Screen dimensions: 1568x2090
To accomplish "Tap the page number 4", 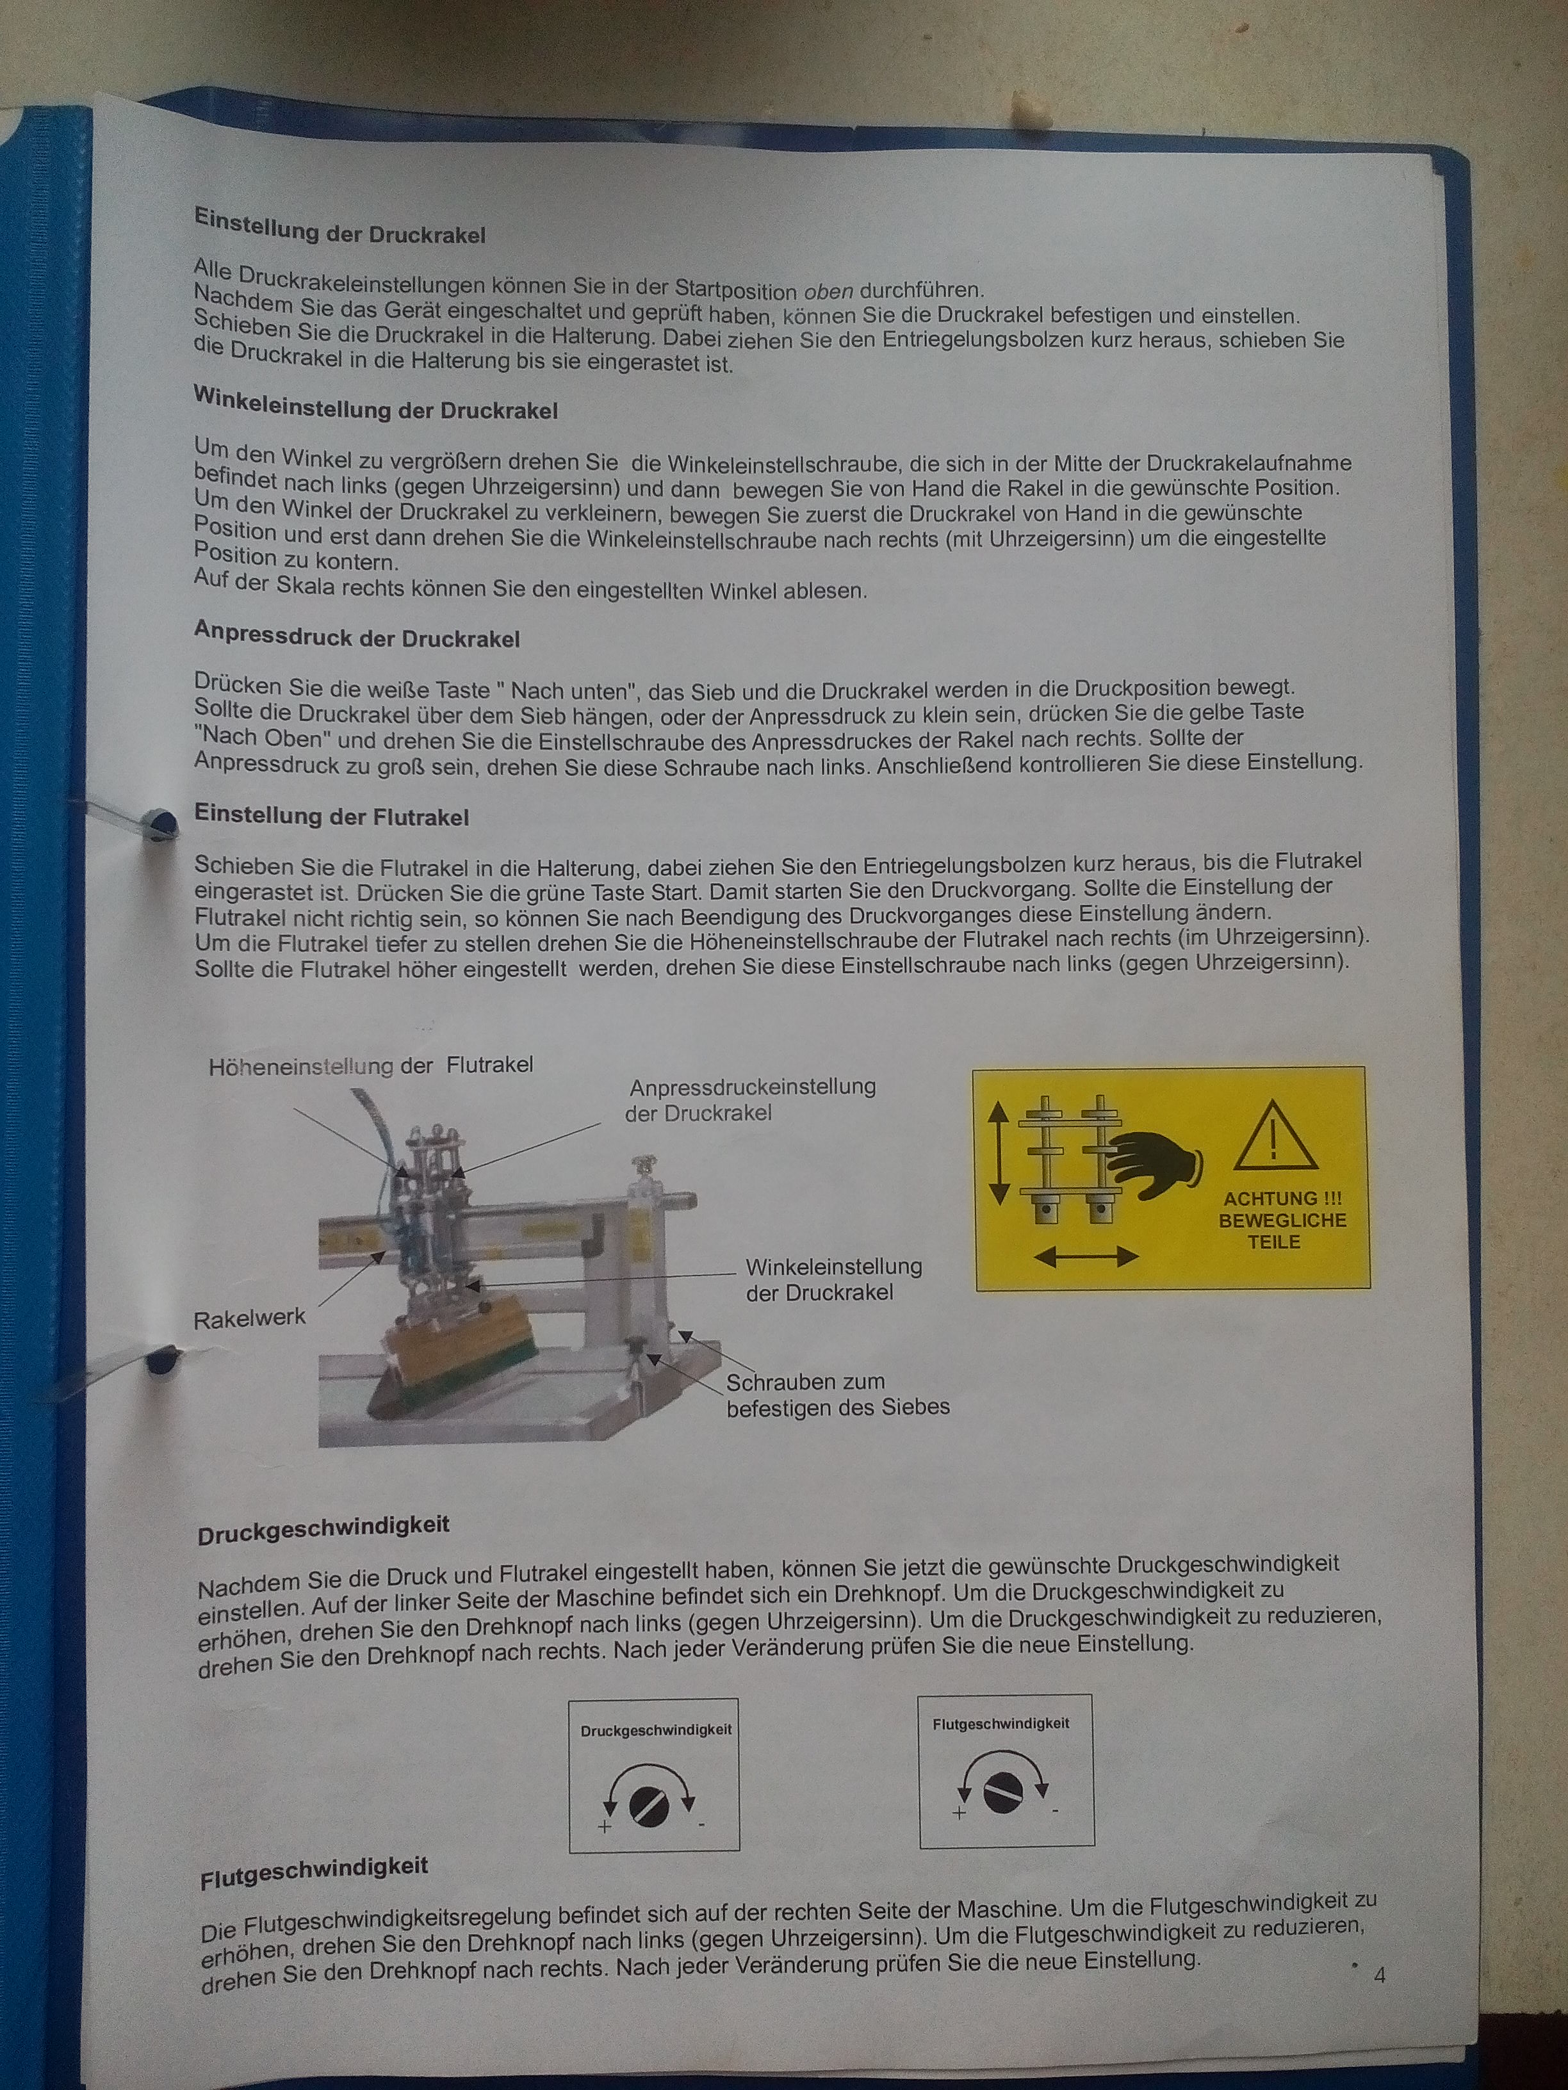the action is click(x=1380, y=1975).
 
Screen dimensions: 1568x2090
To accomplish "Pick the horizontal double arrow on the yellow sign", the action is click(x=1087, y=1256).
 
